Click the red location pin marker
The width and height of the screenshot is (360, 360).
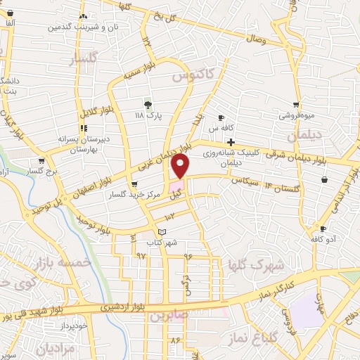tap(181, 166)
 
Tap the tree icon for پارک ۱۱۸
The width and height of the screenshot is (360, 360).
tap(148, 104)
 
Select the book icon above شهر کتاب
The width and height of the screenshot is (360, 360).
tap(162, 231)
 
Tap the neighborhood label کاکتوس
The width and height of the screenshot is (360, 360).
tap(194, 77)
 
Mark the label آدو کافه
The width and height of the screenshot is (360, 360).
tap(324, 239)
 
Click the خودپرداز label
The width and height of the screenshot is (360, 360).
tap(73, 326)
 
